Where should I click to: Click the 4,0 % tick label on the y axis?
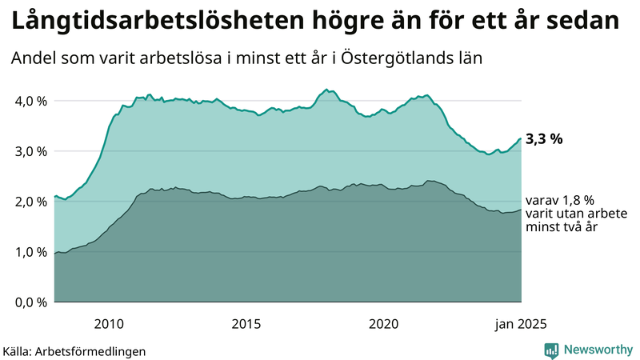(29, 101)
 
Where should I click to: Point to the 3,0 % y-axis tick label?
(29, 151)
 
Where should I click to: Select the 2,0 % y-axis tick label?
(29, 202)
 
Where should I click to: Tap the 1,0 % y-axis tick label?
(29, 252)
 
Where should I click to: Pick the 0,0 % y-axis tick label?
(29, 302)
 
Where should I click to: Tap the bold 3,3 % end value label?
(544, 139)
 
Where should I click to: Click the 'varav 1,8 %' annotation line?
(559, 201)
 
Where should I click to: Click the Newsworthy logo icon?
(551, 350)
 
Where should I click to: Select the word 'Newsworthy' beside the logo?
(597, 350)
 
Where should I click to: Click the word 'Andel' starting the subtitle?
(33, 59)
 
